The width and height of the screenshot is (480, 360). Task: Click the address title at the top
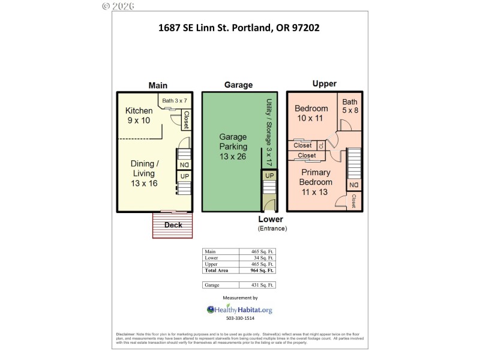tap(239, 28)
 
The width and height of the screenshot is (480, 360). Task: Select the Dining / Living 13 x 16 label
tap(145, 173)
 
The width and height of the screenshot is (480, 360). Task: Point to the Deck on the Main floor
tap(173, 225)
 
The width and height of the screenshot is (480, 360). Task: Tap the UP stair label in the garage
tap(269, 176)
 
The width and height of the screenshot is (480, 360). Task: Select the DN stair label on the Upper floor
tap(354, 184)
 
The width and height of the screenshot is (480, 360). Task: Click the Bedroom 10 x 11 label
tap(311, 113)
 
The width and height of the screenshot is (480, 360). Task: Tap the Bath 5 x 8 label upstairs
tap(349, 107)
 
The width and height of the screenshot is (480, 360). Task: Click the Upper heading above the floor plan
tap(324, 84)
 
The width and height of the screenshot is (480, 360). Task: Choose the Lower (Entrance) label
tap(272, 223)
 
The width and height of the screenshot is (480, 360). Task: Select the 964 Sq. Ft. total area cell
tap(262, 271)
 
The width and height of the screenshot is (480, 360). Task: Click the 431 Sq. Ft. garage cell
tap(262, 284)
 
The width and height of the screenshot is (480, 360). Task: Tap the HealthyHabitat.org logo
tap(239, 310)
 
